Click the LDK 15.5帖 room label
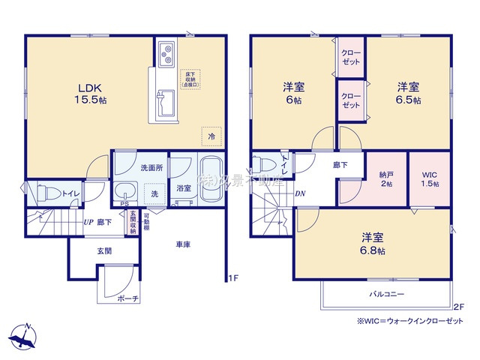87,92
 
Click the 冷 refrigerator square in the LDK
211,136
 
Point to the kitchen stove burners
166,55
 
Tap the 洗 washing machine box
154,192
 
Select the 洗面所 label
139,166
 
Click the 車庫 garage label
184,244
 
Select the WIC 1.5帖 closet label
429,178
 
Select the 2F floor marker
458,307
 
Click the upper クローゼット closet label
350,58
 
